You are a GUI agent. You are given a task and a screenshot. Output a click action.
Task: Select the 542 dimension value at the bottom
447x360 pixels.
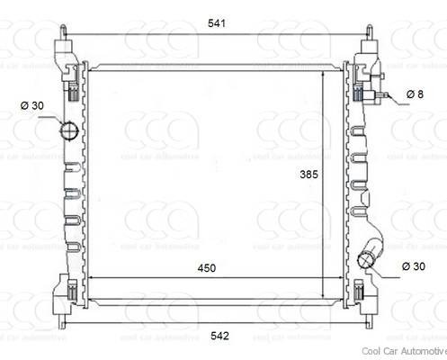[219, 336]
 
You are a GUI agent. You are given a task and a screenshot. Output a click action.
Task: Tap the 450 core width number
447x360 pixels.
[207, 267]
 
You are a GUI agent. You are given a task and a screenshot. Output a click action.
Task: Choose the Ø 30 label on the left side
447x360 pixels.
[31, 105]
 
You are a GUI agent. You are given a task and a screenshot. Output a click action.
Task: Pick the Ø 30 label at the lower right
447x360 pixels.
[413, 265]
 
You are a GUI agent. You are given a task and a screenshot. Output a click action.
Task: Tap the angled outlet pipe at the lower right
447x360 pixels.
[371, 252]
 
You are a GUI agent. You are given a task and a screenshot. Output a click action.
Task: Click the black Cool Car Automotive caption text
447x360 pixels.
[403, 351]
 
